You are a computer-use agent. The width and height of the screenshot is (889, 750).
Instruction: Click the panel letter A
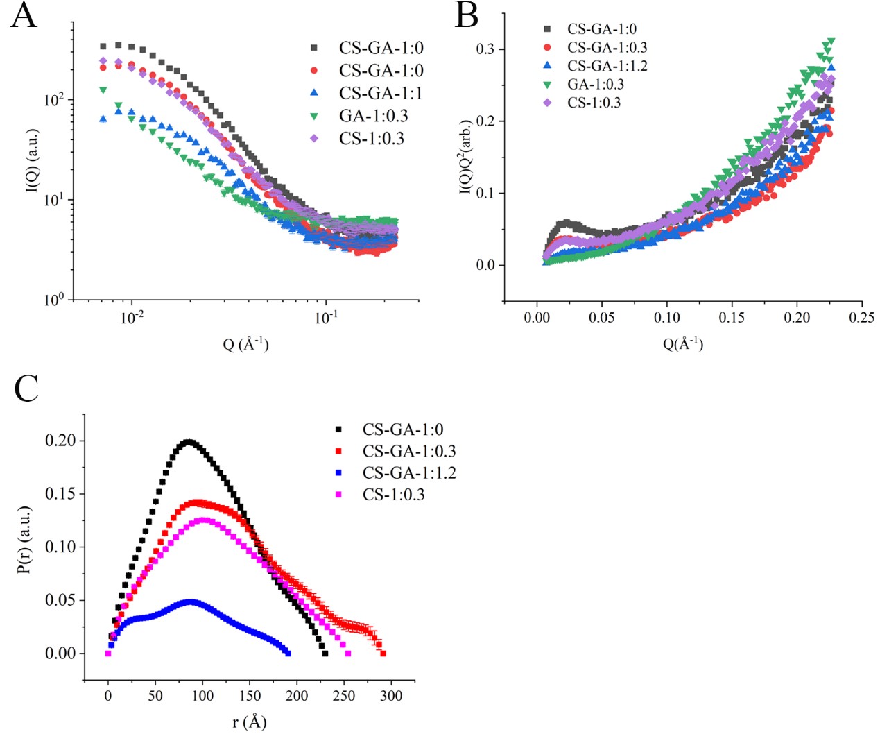coord(24,15)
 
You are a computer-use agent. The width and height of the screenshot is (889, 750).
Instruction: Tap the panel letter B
coord(467,15)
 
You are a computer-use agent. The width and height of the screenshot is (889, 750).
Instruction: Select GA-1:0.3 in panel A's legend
coord(373,116)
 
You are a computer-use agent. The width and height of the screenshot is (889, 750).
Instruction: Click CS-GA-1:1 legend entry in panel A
coord(381,93)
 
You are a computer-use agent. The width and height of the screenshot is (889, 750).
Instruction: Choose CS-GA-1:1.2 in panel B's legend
coord(607,66)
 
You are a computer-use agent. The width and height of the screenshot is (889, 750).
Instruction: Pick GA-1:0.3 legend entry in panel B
coord(595,85)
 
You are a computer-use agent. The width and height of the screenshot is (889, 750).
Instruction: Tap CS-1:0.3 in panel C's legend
coord(393,495)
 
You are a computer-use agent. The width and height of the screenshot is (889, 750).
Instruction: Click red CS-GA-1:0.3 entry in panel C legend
coord(408,452)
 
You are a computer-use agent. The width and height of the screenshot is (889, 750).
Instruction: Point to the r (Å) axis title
coord(250,722)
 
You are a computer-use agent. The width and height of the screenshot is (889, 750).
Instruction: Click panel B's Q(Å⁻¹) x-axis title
coord(683,343)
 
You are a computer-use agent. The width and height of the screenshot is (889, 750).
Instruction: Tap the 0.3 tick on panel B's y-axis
coord(485,49)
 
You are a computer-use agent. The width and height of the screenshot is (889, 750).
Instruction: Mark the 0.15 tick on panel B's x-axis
coord(732,318)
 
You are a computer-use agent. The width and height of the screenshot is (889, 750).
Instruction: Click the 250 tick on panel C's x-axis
coord(343,696)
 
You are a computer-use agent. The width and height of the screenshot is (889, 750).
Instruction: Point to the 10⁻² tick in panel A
coord(132,318)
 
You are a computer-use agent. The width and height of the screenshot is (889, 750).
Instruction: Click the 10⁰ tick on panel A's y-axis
coord(54,300)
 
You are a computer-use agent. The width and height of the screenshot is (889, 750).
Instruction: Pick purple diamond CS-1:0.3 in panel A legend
coord(371,139)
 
